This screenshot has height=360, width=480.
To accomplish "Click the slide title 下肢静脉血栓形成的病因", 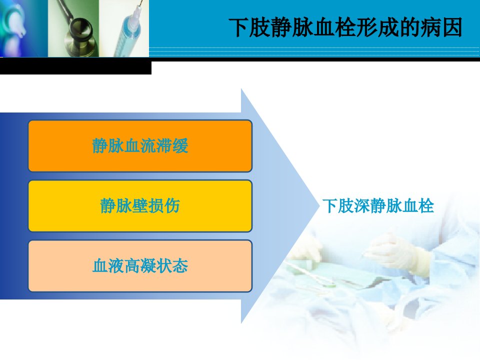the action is (345, 27).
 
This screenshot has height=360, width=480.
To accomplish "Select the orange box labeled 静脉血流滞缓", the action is (140, 145).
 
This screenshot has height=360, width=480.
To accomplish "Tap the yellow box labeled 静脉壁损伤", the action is (140, 205).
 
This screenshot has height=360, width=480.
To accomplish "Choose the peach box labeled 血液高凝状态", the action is (140, 265).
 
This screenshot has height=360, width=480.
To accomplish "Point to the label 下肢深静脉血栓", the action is (378, 205).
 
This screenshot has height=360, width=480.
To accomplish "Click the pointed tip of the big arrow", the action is (319, 205).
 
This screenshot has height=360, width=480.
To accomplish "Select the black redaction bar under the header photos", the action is (75, 67).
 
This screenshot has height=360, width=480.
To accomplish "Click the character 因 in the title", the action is (451, 27).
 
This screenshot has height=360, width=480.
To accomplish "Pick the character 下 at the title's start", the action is (239, 27).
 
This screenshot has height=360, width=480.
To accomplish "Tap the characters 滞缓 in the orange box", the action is (172, 145).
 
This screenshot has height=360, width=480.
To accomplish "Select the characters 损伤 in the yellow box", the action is (164, 205).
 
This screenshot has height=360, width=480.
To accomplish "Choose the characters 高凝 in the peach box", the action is (140, 265).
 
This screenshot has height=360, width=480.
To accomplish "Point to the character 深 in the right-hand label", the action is (362, 205).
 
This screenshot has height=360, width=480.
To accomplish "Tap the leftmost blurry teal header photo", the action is (24, 28).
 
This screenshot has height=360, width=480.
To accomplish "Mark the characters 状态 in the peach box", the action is (172, 265).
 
